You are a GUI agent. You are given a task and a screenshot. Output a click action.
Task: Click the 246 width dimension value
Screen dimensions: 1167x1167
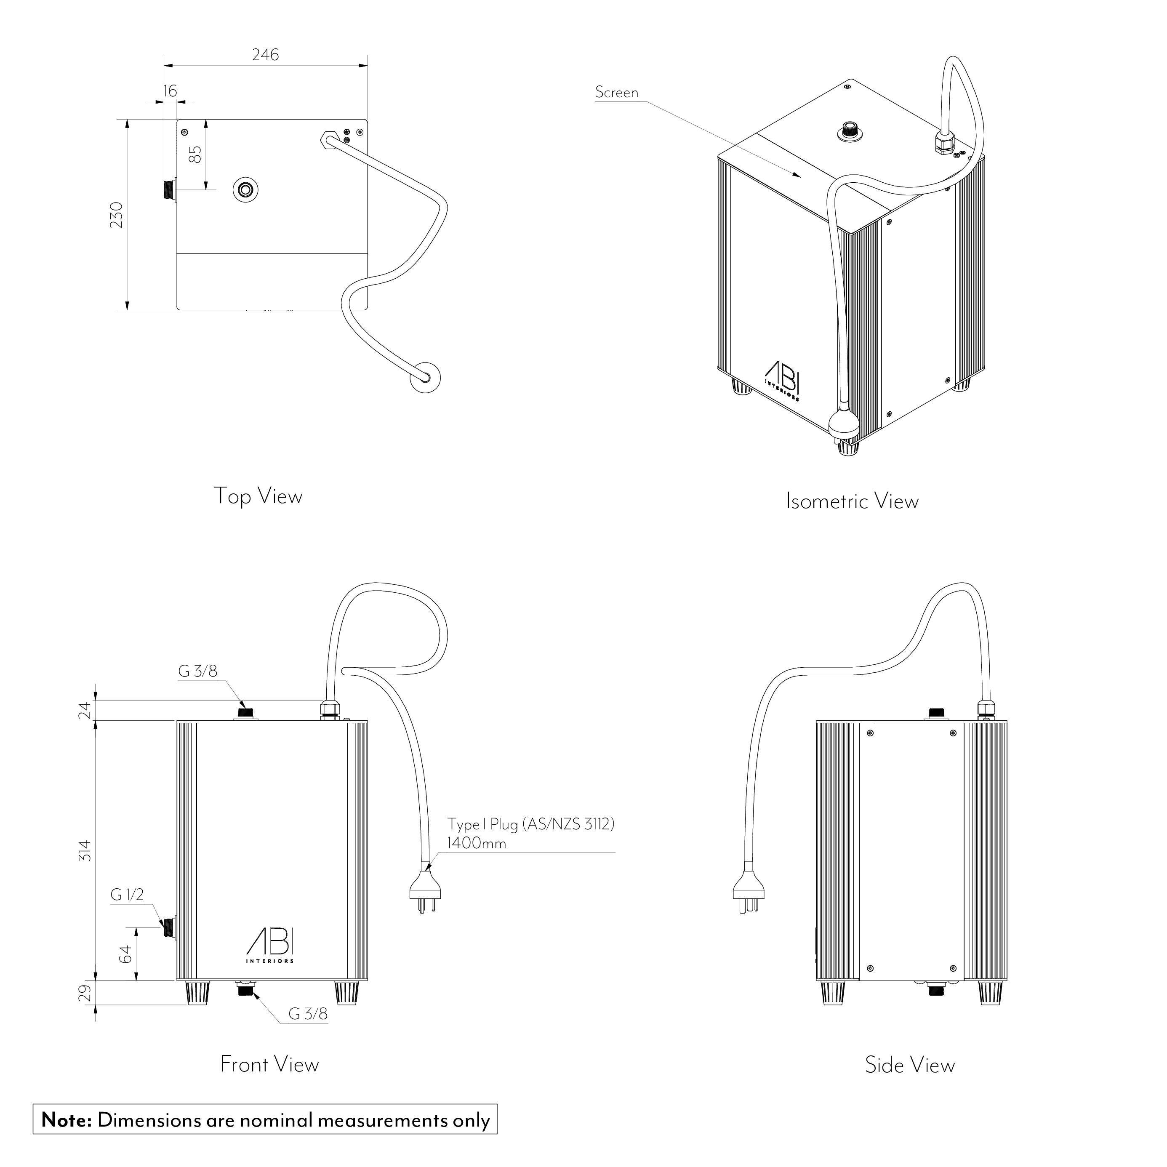point(266,55)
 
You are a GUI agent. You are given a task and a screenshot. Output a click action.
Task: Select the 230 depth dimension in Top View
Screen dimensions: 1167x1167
point(117,215)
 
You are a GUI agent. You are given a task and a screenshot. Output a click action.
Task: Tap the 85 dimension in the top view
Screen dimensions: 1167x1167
point(195,155)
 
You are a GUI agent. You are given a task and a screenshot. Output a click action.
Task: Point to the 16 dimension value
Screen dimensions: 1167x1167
point(171,91)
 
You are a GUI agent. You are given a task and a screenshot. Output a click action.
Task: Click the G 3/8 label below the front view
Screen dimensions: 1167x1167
point(308,1014)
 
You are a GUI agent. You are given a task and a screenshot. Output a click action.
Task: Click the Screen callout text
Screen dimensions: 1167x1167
point(617,93)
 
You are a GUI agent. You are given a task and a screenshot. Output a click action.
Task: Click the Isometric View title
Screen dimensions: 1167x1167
point(852,501)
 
